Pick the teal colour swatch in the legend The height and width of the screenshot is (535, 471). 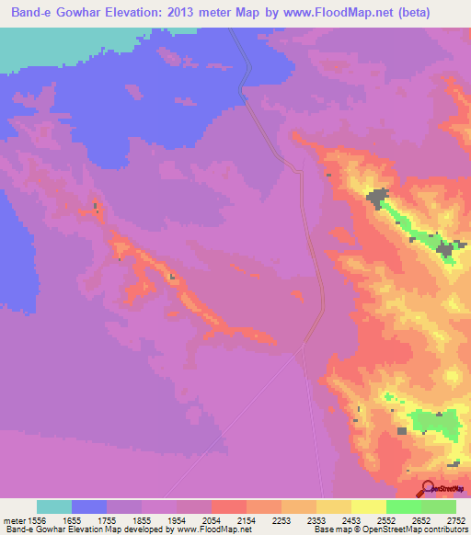[x=54, y=506]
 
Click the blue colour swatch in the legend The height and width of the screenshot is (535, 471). [x=89, y=506]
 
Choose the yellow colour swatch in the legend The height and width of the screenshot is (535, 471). [x=369, y=506]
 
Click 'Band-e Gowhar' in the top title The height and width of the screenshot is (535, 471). [x=53, y=11]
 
